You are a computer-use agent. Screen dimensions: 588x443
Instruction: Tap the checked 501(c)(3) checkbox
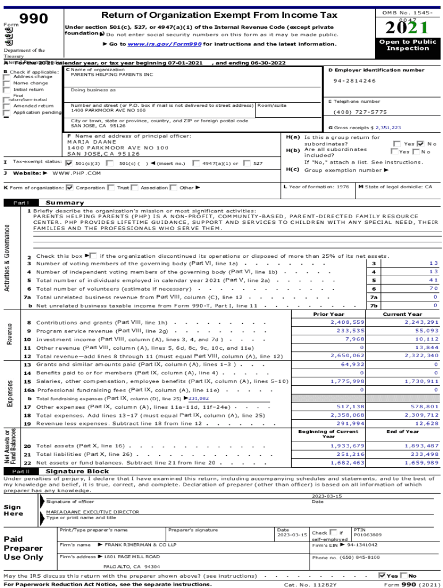70,163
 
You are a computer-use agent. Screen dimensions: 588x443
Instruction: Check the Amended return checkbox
6,106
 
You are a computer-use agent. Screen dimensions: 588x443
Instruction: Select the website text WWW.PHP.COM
76,173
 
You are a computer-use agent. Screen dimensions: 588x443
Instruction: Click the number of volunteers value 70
433,288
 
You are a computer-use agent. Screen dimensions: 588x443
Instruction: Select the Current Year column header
402,314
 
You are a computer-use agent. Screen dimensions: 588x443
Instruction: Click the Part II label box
21,471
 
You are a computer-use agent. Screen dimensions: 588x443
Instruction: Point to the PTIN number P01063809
368,535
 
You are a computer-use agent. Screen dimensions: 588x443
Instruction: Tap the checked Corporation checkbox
70,188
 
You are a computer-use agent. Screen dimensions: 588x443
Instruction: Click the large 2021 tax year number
407,28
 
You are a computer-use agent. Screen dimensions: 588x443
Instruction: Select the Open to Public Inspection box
407,45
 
